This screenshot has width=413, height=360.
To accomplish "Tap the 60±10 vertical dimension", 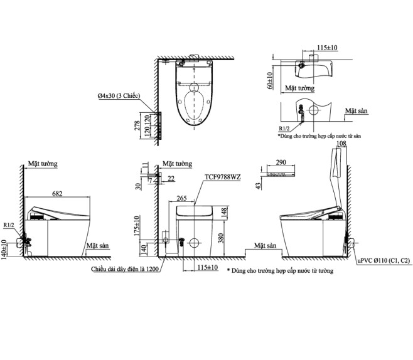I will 271,80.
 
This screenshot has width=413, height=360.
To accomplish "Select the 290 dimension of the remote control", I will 281,163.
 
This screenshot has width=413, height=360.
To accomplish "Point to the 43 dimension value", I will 259,186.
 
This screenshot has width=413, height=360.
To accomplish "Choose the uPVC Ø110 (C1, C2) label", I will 384,260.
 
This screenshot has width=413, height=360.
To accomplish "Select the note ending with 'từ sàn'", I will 319,135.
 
